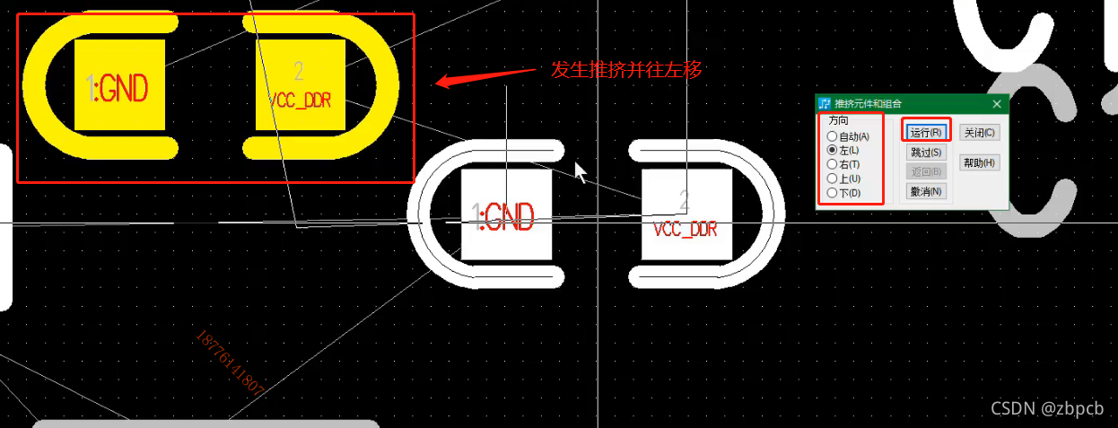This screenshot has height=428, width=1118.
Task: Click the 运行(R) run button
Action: pos(925,133)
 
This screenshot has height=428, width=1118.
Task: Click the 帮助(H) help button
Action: pos(979,162)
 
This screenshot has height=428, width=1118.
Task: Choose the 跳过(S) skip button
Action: pos(925,153)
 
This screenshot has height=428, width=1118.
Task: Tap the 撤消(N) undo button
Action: pos(925,191)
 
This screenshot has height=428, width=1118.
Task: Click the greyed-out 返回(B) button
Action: pos(925,171)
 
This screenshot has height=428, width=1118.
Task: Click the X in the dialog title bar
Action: pos(996,104)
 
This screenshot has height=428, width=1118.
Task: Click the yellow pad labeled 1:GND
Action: pos(119,85)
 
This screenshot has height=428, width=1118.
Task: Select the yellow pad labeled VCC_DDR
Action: pos(300,85)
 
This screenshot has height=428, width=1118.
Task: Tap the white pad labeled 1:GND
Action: pos(506,215)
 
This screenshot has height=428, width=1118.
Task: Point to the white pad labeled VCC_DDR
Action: pos(686,215)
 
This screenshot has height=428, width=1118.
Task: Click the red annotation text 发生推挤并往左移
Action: pos(625,69)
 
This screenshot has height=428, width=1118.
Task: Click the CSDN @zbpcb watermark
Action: pos(1046,408)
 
